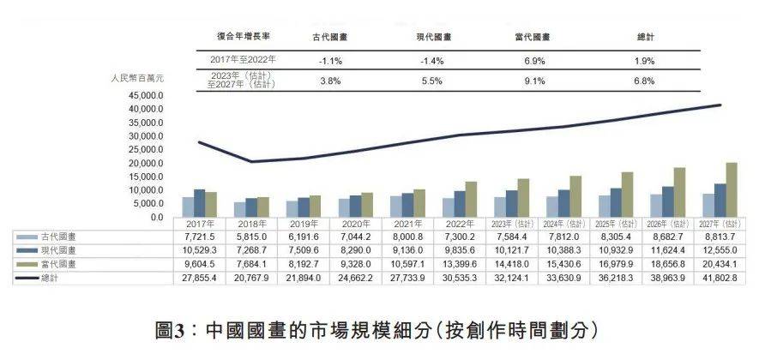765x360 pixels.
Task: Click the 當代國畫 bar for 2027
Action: point(731,190)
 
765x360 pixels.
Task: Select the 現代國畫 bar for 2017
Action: point(199,203)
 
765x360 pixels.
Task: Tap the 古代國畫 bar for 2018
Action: point(239,209)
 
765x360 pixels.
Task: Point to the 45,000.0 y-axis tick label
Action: point(145,96)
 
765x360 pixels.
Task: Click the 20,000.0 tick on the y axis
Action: point(145,163)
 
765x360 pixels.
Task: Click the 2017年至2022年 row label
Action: point(243,61)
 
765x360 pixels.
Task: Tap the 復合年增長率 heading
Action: point(242,37)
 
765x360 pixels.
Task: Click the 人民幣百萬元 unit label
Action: point(137,78)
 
